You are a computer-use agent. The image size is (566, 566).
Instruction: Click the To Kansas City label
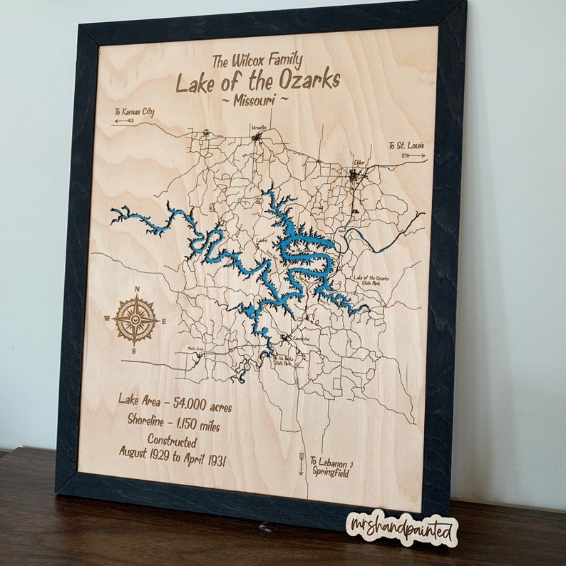(134, 112)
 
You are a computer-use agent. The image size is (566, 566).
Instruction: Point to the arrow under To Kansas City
(124, 121)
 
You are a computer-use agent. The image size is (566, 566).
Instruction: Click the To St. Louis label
(407, 146)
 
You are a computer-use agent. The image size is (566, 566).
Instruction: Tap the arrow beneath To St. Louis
(413, 155)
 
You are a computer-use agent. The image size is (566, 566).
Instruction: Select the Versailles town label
(259, 128)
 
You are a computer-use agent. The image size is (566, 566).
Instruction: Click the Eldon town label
(359, 163)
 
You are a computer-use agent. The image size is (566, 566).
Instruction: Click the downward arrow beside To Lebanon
(301, 464)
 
